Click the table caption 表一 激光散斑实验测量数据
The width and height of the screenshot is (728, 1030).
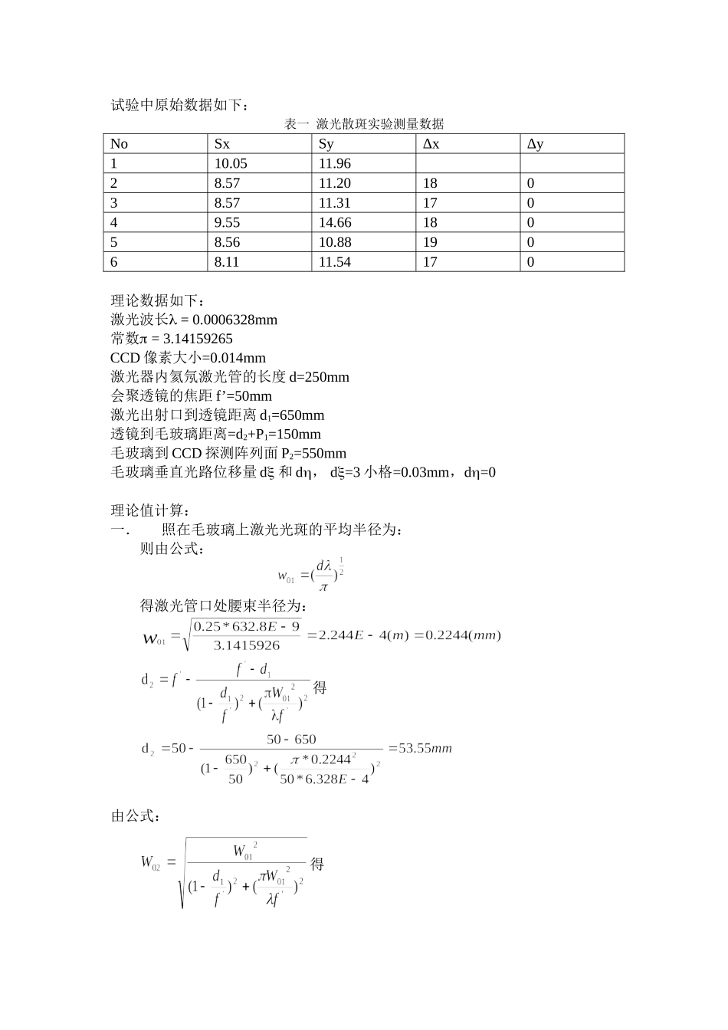pos(364,124)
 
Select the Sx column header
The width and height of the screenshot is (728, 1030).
pos(221,144)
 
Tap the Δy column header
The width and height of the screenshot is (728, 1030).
pos(535,144)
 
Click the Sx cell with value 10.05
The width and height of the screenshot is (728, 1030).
pos(231,163)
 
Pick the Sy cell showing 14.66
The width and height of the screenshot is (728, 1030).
pos(335,222)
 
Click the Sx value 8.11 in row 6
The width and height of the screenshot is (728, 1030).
pos(227,262)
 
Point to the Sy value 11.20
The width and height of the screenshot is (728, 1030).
pos(335,183)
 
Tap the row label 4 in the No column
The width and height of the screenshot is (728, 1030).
pos(114,222)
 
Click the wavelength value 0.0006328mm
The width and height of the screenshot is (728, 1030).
pos(234,320)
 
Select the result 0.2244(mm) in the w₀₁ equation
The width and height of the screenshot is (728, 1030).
pos(463,635)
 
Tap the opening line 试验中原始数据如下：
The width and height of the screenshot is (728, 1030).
pos(179,106)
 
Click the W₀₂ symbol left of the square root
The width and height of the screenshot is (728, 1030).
pos(150,862)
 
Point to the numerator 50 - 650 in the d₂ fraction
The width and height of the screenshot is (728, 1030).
pos(291,740)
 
